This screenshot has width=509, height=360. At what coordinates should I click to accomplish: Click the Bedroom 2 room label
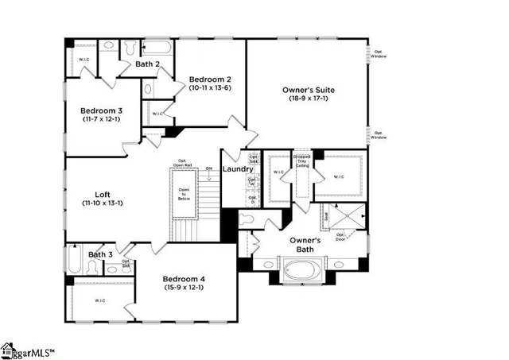click(x=210, y=79)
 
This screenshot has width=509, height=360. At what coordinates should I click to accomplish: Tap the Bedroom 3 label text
click(x=100, y=110)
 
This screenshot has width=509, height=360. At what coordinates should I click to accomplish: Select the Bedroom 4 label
click(x=185, y=279)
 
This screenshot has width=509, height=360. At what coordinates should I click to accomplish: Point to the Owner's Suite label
click(x=307, y=91)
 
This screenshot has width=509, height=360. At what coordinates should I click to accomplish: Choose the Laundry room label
click(x=238, y=169)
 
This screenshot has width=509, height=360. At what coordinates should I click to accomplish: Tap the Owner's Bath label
click(x=305, y=244)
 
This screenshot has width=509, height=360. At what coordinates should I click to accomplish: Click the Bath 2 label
click(x=148, y=64)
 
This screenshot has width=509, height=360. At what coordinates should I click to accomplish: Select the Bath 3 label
click(x=101, y=254)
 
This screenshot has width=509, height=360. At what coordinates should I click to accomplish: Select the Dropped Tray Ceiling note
click(x=302, y=161)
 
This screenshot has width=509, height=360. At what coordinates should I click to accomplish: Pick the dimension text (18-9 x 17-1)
click(x=307, y=99)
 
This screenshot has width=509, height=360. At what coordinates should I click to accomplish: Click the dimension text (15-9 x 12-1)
click(x=185, y=288)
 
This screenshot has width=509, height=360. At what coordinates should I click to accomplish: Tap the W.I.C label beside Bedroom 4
click(x=100, y=300)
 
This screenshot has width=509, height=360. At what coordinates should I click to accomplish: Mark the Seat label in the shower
click(x=326, y=215)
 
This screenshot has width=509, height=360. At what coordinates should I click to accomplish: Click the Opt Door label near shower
click(x=340, y=236)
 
